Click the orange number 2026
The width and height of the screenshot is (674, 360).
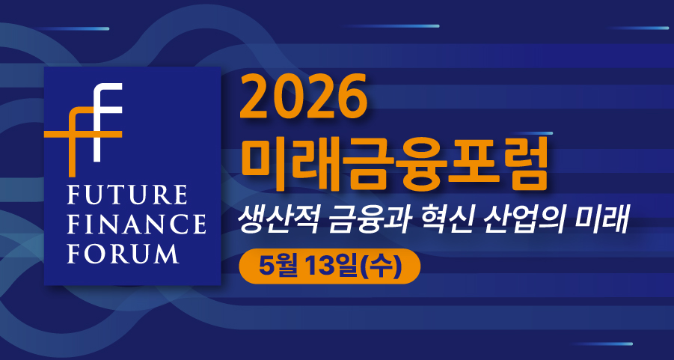304,97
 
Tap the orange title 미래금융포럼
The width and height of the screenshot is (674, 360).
393,162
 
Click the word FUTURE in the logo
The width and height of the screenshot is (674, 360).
127,195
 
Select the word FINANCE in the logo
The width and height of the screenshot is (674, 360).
136,224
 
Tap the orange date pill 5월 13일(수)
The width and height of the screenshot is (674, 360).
329,266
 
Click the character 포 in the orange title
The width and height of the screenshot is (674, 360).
470,162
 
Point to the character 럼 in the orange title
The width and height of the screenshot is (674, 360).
523,162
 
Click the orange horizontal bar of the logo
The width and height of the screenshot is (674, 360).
83,134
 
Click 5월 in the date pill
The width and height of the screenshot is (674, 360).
281,266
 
